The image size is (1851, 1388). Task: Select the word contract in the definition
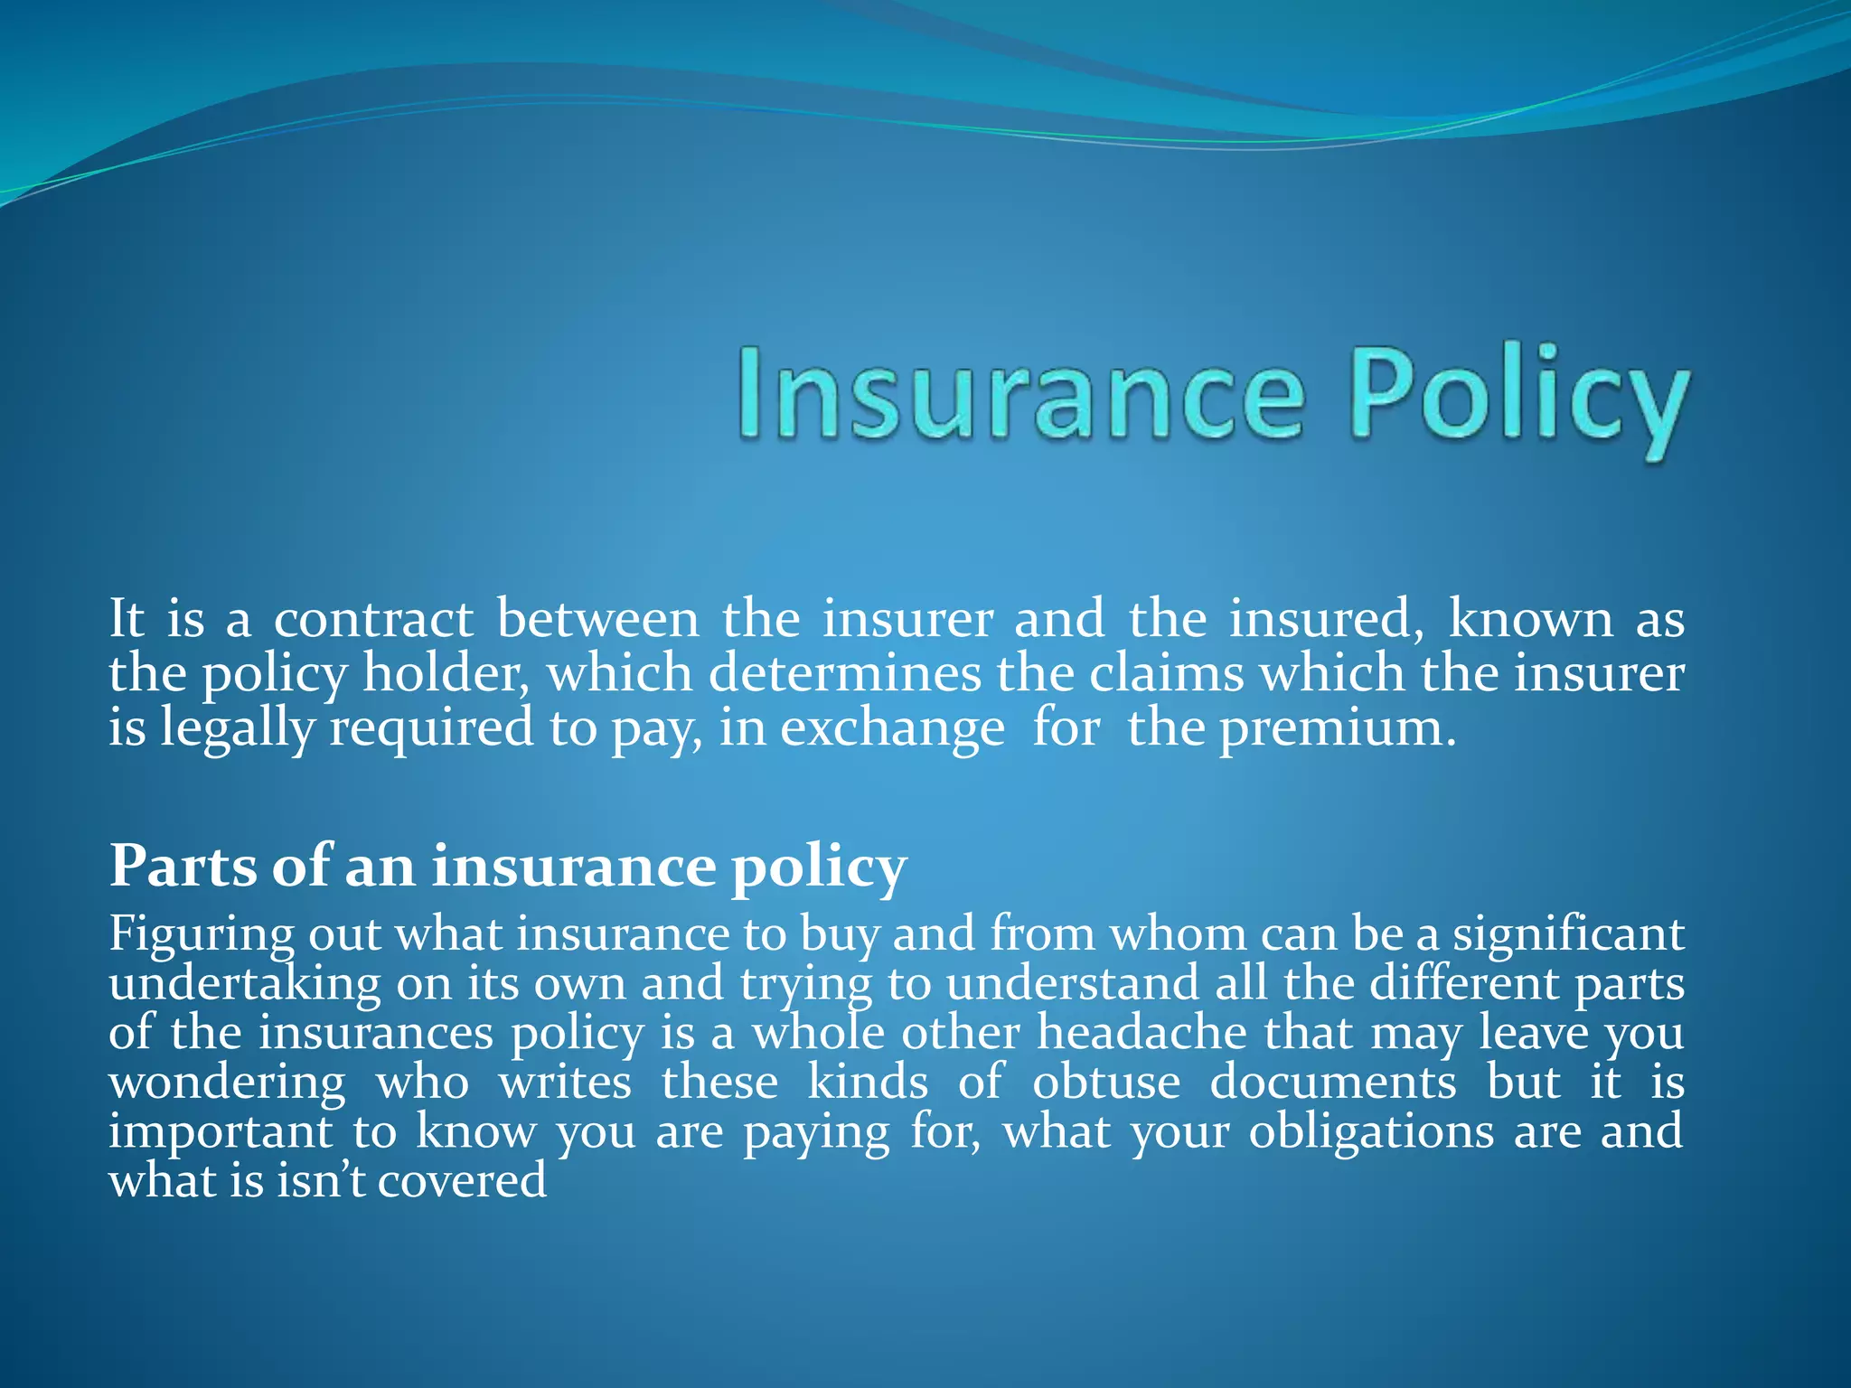click(x=373, y=620)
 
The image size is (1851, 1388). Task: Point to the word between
click(x=597, y=620)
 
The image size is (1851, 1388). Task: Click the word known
click(x=1530, y=620)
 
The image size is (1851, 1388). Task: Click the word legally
click(x=237, y=728)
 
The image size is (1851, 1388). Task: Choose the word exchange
click(x=892, y=728)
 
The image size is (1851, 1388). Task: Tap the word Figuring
click(x=201, y=934)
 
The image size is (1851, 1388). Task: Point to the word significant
click(x=1568, y=934)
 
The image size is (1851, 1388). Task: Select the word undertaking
click(x=245, y=984)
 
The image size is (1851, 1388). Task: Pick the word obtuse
click(x=1106, y=1083)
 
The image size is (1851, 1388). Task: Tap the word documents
click(x=1333, y=1083)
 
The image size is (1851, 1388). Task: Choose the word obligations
click(x=1371, y=1132)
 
